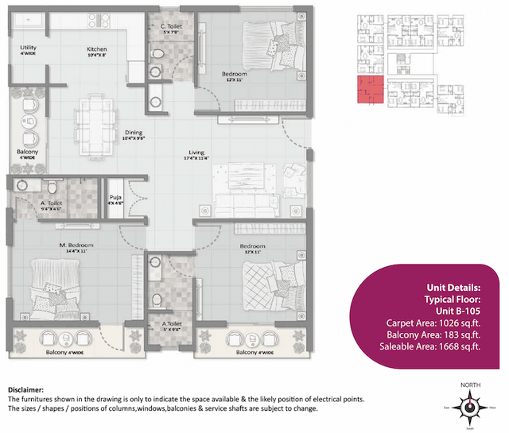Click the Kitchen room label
click(x=97, y=49)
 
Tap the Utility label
click(x=29, y=48)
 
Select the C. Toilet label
click(x=172, y=26)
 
